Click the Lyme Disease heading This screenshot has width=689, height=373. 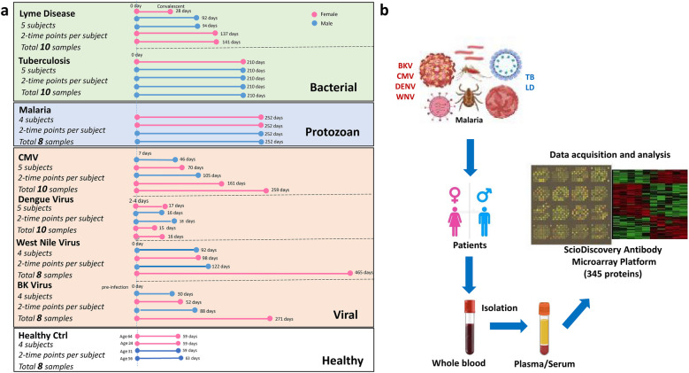(49, 14)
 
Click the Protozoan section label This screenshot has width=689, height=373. (325, 130)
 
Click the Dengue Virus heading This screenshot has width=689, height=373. (51, 200)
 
